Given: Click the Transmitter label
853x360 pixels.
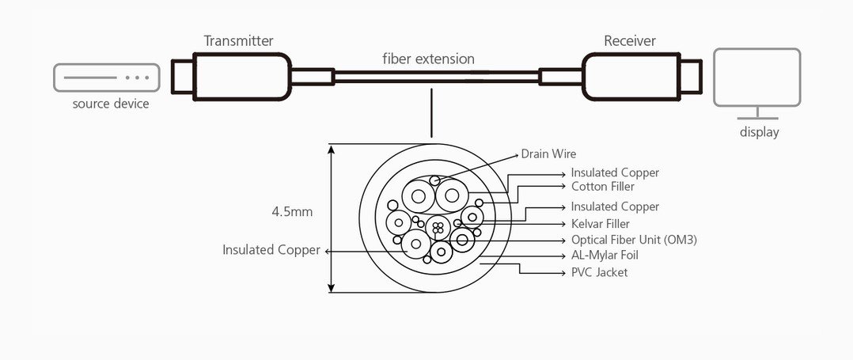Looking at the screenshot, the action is [238, 41].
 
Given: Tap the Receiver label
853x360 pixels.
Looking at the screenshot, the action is [630, 41].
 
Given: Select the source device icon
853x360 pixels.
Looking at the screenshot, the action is [107, 78].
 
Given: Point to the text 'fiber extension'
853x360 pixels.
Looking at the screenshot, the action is [428, 59].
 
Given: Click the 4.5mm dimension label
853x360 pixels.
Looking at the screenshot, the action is [292, 212].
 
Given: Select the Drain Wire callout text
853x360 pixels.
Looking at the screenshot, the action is [548, 154].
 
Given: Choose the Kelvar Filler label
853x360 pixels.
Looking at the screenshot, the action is [601, 223].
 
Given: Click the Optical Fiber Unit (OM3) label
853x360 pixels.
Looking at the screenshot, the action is [634, 240].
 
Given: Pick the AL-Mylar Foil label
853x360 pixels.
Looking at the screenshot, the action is [605, 255].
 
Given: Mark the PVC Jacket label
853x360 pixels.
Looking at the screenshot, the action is [599, 272].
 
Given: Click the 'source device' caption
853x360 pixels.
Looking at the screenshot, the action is [111, 104].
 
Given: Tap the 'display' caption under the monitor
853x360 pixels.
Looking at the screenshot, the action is [759, 132].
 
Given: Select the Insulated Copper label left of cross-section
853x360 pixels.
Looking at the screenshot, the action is [271, 250].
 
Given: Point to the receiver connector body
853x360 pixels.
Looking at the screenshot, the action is [631, 76].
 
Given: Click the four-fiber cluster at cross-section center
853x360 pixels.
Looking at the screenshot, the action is [438, 227].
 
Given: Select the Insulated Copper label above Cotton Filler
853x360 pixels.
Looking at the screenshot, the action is [615, 173].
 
